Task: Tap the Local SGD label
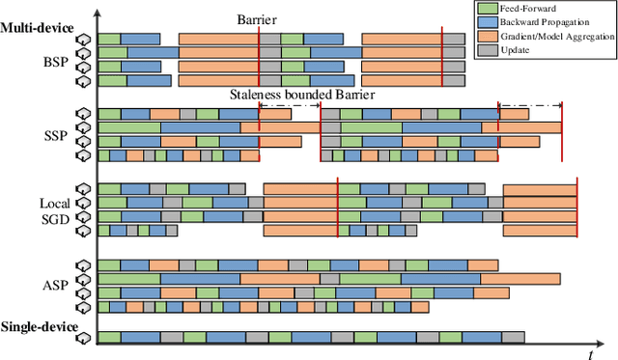pyautogui.click(x=55, y=212)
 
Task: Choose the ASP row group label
pyautogui.click(x=55, y=285)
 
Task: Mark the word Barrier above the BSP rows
pyautogui.click(x=258, y=18)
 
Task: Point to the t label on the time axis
pyautogui.click(x=590, y=353)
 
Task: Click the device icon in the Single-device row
pyautogui.click(x=84, y=338)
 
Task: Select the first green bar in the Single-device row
pyautogui.click(x=109, y=338)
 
